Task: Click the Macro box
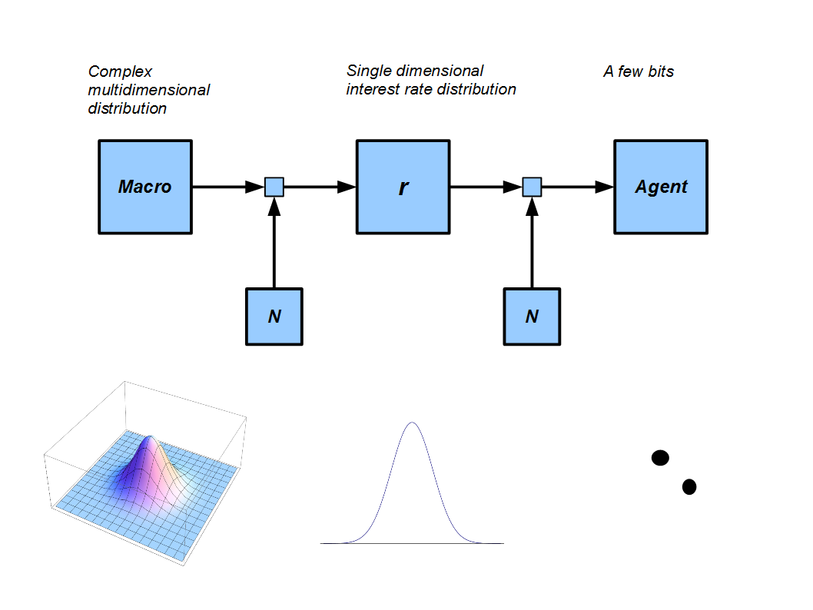(145, 187)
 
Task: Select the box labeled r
(403, 187)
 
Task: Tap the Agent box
(661, 187)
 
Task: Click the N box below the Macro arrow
(274, 316)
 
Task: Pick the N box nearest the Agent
(532, 316)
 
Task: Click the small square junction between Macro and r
(274, 187)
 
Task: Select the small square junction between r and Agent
(532, 187)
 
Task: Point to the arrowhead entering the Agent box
(605, 187)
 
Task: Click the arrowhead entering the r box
(347, 187)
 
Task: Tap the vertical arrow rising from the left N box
(274, 246)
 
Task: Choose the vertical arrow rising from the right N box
(532, 246)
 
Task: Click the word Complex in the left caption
(121, 72)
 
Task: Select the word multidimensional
(149, 90)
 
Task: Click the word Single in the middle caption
(368, 71)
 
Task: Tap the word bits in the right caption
(661, 71)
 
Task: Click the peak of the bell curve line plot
(413, 423)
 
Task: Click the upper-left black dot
(660, 458)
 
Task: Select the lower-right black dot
(689, 486)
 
